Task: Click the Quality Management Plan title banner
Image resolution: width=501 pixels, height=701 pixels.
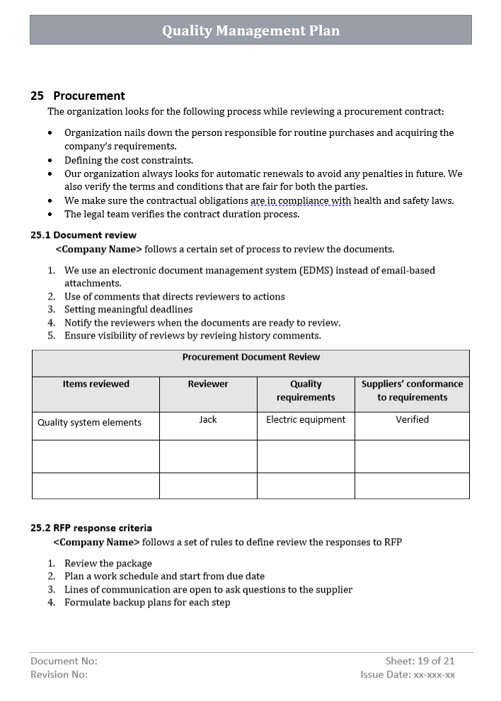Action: coord(250,30)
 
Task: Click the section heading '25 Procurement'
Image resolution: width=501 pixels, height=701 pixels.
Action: coord(78,96)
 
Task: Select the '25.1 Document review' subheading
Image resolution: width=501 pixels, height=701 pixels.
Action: coord(83,235)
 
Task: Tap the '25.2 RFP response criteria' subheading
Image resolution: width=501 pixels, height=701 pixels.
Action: coord(91,528)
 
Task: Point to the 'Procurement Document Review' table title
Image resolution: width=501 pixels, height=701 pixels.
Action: coord(250,358)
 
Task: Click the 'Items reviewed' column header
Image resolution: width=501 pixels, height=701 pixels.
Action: coord(96,384)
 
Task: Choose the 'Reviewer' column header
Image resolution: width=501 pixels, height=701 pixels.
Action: coord(208,384)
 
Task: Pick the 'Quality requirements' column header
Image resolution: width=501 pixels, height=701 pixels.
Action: coord(306,391)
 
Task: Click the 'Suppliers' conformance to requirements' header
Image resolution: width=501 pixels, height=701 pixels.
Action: coord(412,391)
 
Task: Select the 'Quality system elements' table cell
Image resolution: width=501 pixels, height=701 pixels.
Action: coord(89,423)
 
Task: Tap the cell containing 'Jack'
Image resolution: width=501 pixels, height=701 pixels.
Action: coord(208,420)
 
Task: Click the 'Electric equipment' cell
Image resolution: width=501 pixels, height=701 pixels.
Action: coord(306,420)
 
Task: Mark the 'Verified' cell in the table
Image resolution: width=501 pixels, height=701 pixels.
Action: coord(412,420)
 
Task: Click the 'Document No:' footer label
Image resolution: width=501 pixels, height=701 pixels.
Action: coord(64,661)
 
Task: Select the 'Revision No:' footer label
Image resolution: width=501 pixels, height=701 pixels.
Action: coord(59,675)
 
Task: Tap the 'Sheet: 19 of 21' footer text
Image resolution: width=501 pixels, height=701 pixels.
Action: coord(420,661)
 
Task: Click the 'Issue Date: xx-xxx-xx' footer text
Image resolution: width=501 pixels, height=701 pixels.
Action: coord(408,675)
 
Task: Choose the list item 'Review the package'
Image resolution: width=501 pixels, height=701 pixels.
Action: coord(108,564)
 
